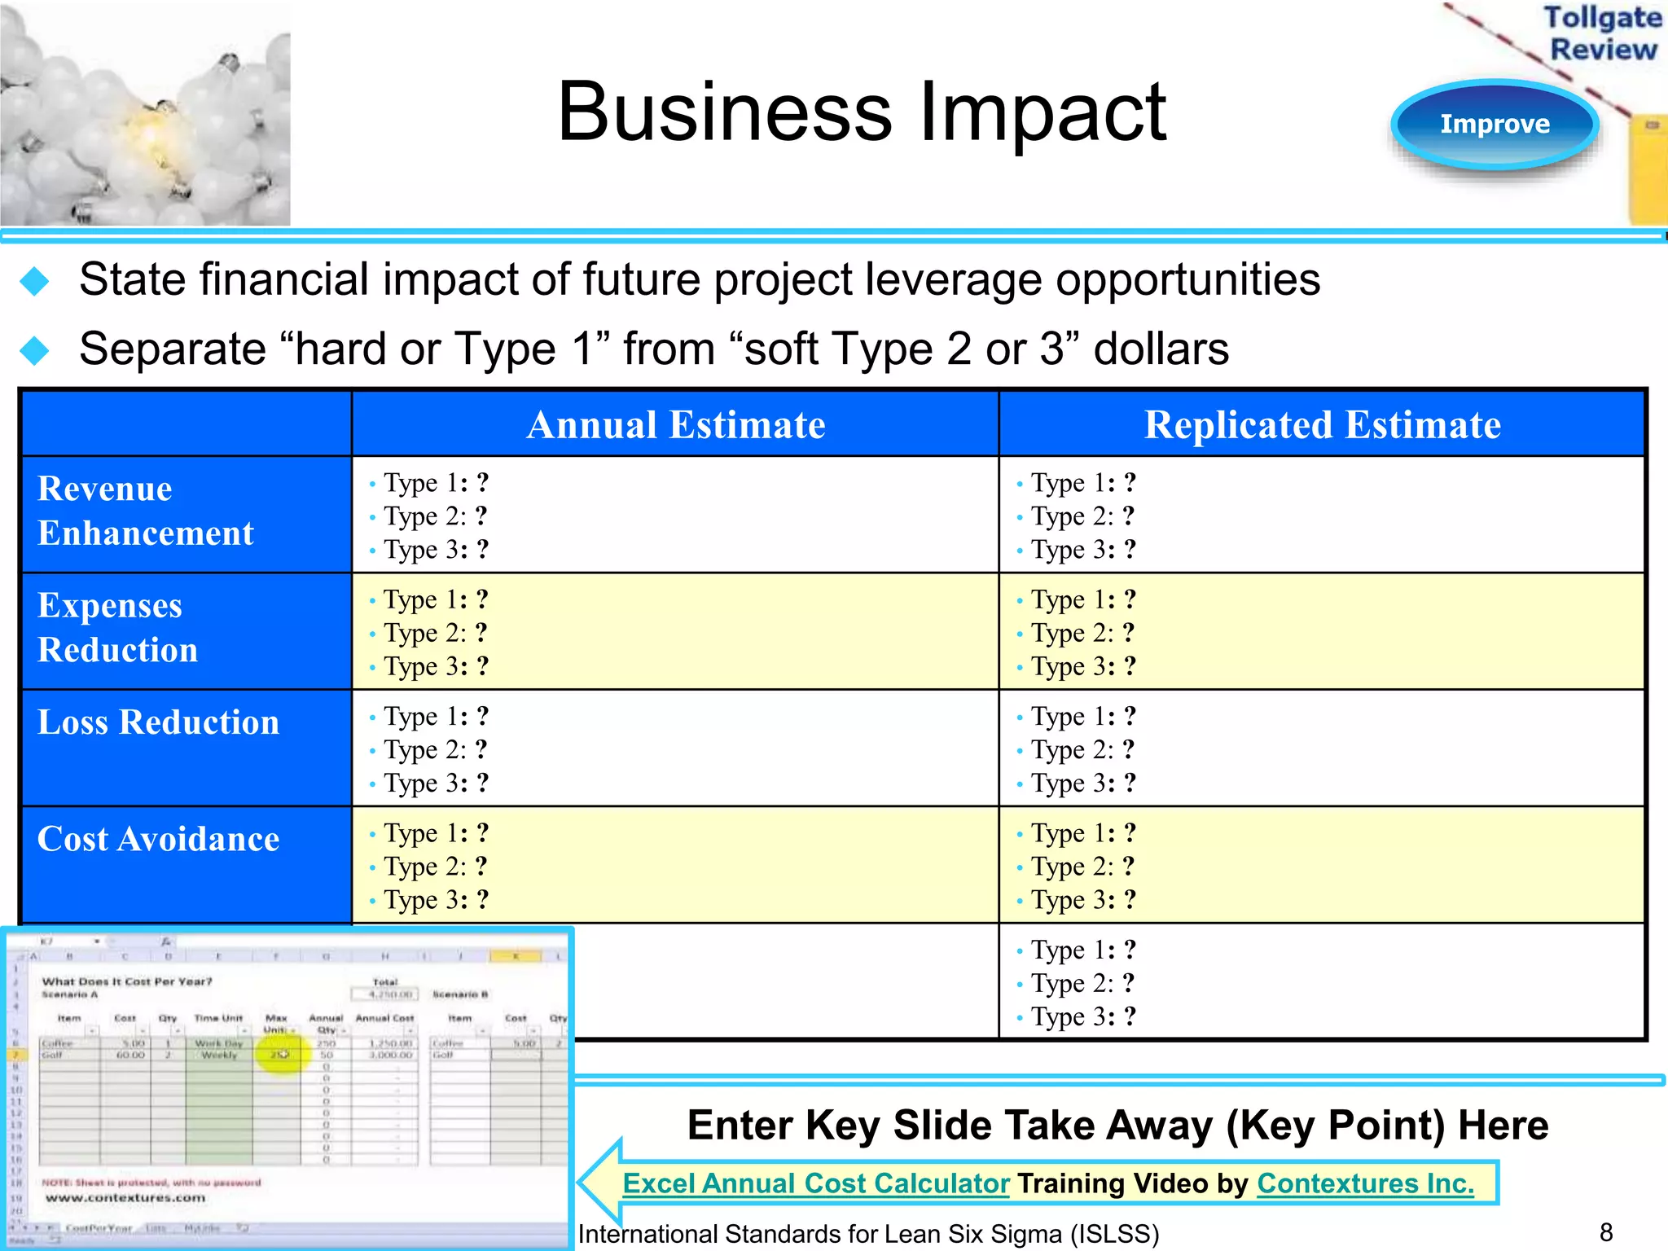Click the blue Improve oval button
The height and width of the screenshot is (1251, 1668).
[1495, 125]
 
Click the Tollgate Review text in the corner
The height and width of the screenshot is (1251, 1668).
[1602, 33]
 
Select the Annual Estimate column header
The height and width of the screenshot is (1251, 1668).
[675, 425]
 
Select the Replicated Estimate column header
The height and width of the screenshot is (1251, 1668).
[1322, 425]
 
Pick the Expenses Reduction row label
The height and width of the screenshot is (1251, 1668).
[117, 627]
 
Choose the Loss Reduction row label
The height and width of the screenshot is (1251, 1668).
[158, 722]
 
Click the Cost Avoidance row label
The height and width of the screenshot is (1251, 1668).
[158, 839]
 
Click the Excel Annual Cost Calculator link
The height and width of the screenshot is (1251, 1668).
[815, 1183]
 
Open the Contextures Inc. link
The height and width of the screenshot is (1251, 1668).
[1365, 1183]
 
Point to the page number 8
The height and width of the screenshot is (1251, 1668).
[1606, 1231]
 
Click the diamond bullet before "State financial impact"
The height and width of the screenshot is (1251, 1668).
[34, 282]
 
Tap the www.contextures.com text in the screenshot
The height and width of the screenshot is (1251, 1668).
[125, 1198]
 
